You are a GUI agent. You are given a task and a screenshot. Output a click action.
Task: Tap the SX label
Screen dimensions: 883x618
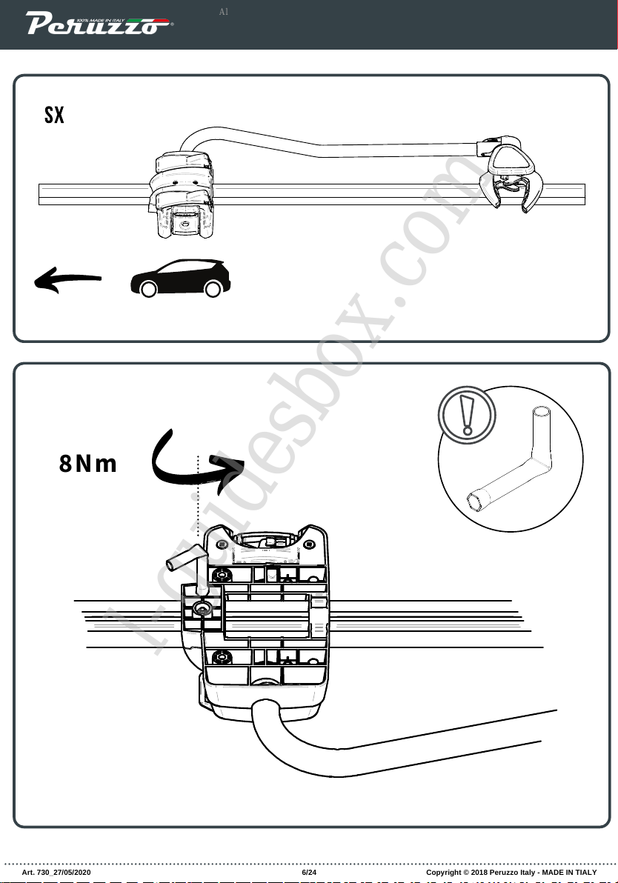point(54,116)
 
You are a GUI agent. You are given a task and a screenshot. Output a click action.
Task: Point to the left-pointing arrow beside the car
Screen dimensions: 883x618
point(67,279)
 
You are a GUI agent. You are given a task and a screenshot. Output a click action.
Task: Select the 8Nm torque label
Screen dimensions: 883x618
point(88,464)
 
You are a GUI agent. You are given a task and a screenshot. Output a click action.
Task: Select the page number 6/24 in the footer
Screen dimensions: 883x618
point(309,872)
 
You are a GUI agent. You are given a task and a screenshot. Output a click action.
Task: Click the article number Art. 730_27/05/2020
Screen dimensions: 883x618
point(57,872)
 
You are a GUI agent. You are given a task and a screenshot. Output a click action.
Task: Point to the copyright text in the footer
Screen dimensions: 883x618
point(511,872)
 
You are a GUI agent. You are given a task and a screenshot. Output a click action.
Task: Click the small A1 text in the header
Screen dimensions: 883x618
point(225,13)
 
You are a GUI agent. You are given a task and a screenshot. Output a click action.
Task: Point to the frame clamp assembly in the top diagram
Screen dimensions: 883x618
point(182,196)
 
